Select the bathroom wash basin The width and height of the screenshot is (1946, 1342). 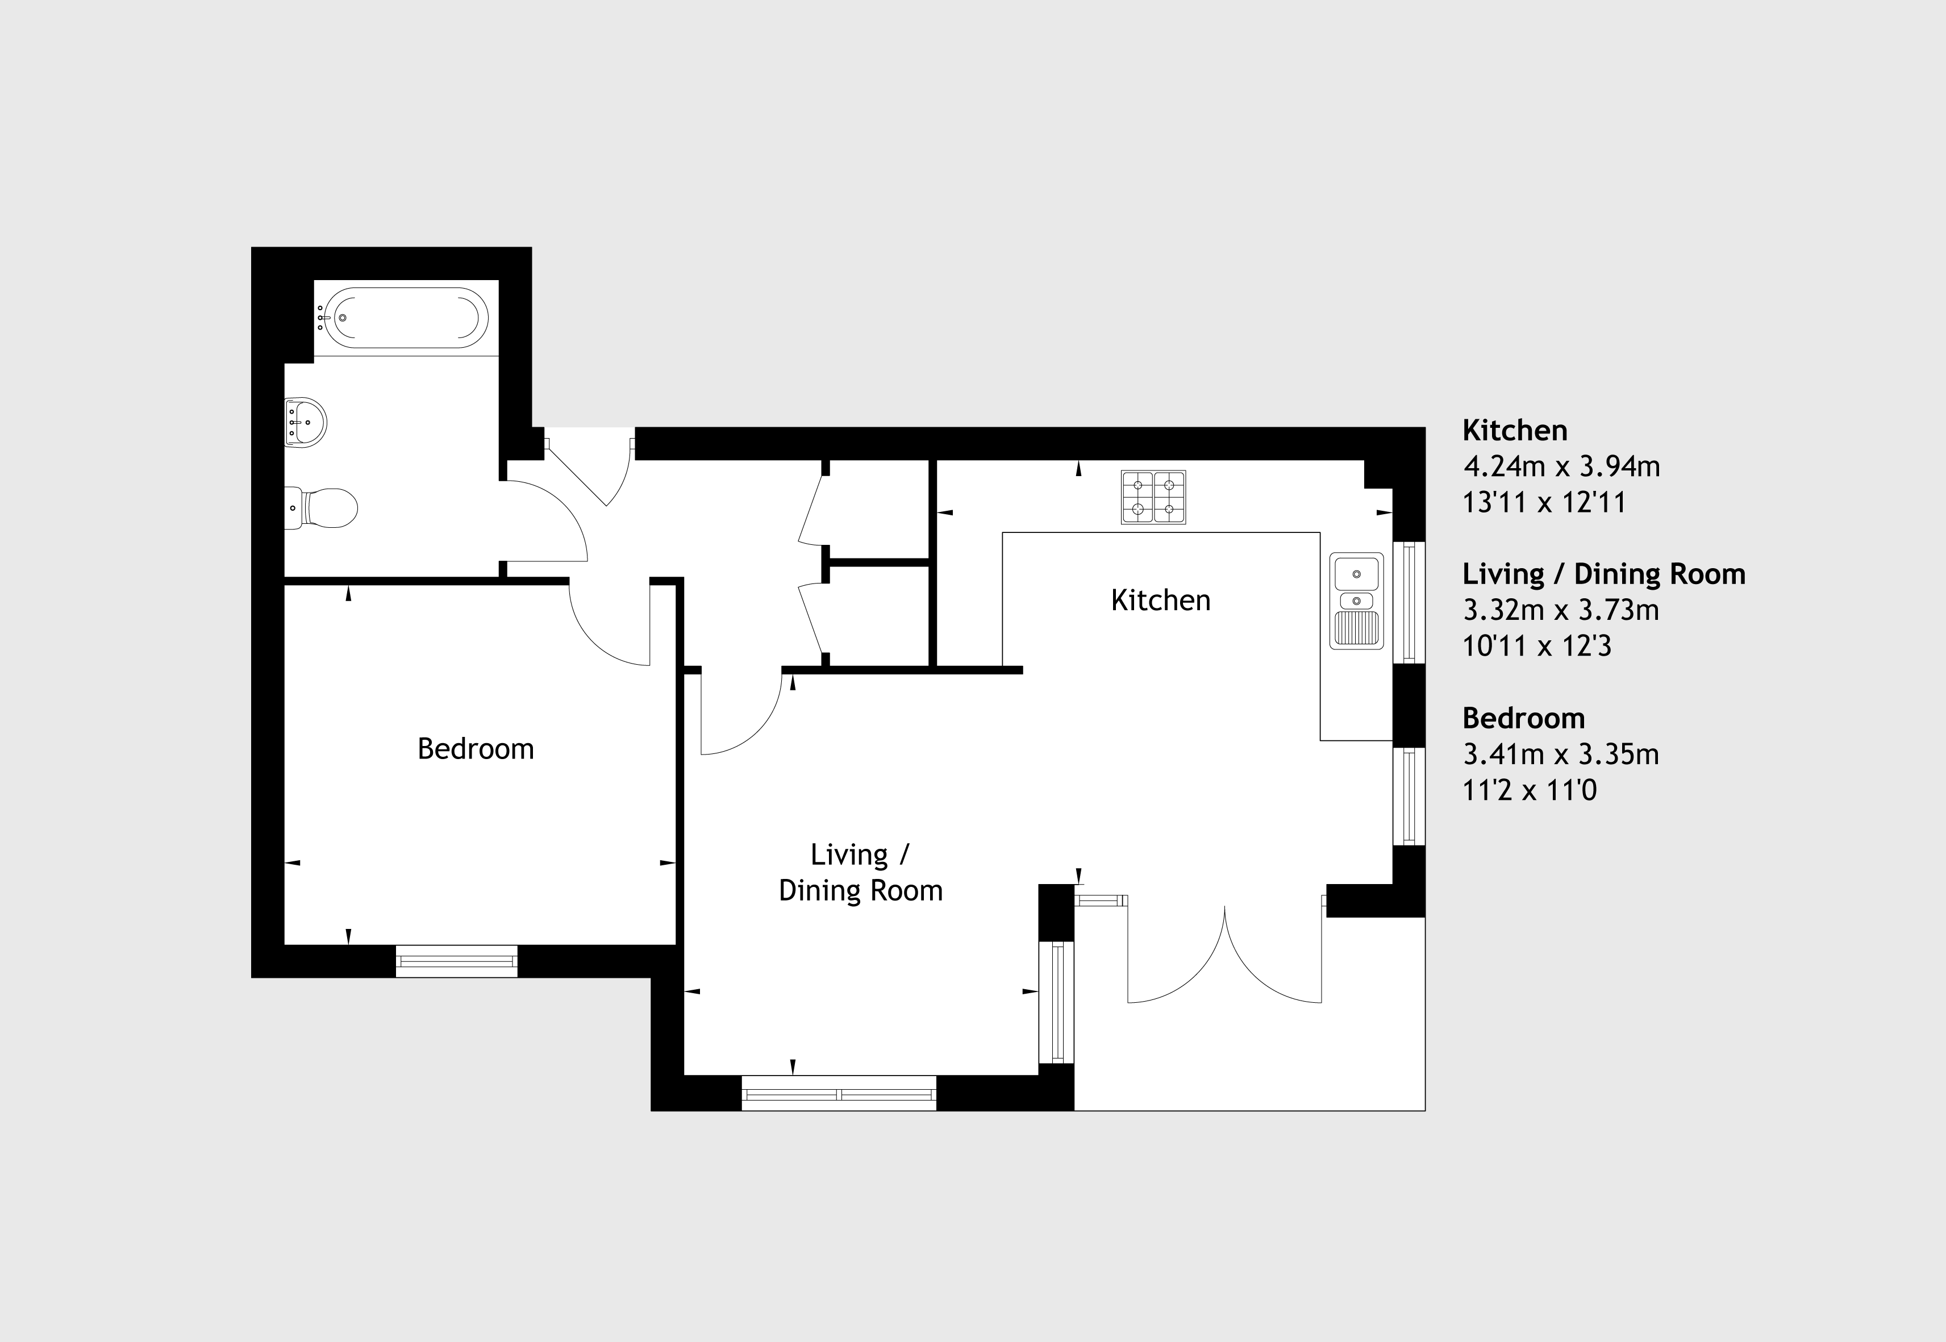click(x=305, y=422)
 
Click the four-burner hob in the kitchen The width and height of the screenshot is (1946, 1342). click(x=1153, y=497)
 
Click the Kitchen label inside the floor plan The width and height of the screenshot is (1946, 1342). click(x=1161, y=601)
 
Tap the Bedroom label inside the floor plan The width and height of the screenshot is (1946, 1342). click(x=476, y=748)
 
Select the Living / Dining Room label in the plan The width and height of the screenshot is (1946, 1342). click(x=860, y=873)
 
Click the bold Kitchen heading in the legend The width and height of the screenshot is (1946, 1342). click(x=1515, y=431)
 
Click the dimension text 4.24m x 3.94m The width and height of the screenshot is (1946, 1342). click(x=1562, y=466)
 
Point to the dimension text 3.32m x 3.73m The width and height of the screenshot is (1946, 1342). click(x=1562, y=610)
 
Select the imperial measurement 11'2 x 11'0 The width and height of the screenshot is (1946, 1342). click(x=1530, y=790)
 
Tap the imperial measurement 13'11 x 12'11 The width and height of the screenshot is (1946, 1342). click(x=1545, y=503)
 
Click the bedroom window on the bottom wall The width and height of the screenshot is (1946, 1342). click(x=457, y=961)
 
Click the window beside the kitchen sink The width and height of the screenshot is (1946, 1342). click(x=1410, y=602)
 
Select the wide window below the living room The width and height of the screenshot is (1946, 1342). click(x=839, y=1093)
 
